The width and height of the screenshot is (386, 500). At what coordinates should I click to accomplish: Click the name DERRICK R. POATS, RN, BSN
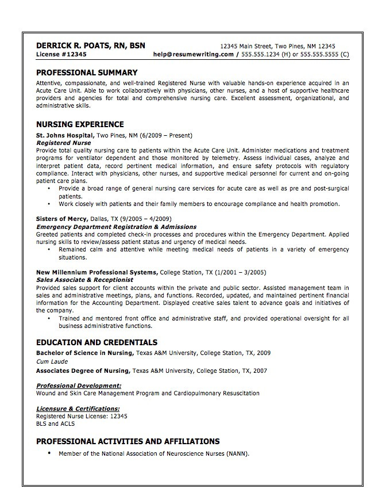click(91, 45)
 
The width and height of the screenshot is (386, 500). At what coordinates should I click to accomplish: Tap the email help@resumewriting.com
click(194, 55)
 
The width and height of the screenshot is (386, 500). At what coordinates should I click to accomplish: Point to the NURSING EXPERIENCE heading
click(80, 124)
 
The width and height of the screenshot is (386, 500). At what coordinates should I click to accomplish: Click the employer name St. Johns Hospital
click(65, 135)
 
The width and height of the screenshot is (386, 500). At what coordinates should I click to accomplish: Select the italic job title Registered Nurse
click(63, 142)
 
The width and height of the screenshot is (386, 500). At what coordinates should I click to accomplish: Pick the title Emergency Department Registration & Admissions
click(116, 227)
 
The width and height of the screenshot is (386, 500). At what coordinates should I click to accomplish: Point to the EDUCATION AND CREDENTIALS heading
click(96, 342)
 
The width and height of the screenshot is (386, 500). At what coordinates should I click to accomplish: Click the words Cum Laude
click(51, 362)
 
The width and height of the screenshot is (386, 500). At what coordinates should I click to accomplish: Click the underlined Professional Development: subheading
click(79, 386)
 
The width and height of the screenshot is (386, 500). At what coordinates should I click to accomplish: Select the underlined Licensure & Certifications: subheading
click(78, 408)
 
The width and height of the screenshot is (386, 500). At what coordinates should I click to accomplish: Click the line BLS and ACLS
click(55, 423)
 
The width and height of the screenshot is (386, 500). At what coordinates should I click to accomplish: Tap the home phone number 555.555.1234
click(261, 55)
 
